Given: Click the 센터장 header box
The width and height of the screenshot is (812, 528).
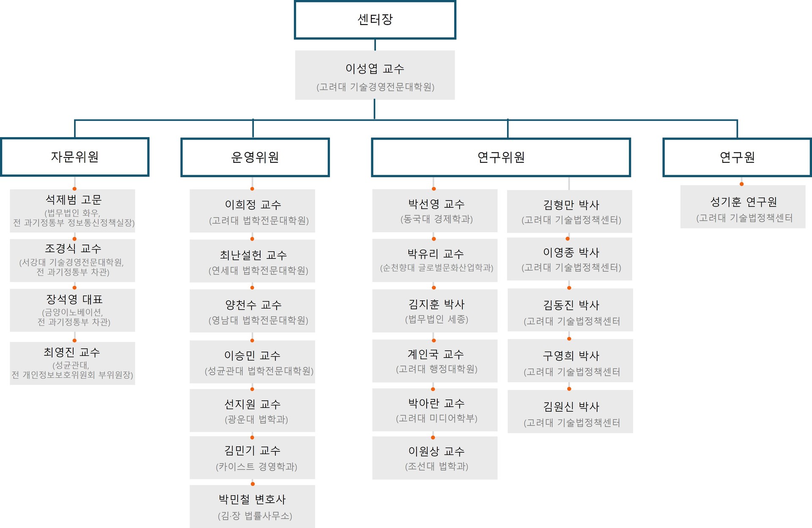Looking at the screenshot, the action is coord(375,20).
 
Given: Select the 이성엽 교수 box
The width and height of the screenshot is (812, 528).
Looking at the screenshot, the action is coord(375,75).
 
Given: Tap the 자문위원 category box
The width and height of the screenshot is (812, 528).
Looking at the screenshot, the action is coord(75,157).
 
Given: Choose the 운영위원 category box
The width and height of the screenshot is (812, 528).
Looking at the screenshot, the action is coord(255,157).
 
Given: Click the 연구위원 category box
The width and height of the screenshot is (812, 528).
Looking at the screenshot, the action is coord(501,157).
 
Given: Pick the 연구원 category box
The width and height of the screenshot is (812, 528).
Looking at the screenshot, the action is coord(737,157).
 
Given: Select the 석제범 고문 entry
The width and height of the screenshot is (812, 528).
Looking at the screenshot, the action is coord(73,211).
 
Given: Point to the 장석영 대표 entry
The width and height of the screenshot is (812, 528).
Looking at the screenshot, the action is coord(73,310).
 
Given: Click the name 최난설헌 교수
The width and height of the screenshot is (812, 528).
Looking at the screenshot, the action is coord(253,255).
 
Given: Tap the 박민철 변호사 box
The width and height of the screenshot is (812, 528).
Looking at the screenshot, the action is coord(252,506).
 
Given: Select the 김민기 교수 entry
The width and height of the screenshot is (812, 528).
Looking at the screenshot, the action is coord(252,458).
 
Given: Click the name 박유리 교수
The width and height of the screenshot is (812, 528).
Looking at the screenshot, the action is coord(435,254).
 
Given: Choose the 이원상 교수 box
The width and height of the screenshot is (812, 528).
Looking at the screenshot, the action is coord(435,458).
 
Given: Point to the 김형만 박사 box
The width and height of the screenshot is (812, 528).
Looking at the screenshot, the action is coord(570,211).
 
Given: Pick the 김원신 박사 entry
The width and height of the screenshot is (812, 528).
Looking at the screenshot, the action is coord(570,411).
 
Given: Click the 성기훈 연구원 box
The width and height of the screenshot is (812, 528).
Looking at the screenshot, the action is coord(743,207).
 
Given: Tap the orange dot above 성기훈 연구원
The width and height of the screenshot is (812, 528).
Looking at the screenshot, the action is coord(741,184).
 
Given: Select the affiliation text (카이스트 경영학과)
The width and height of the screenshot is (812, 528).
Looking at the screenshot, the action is coord(256,467).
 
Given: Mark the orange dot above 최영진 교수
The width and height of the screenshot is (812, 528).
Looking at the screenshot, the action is coord(74,340).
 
